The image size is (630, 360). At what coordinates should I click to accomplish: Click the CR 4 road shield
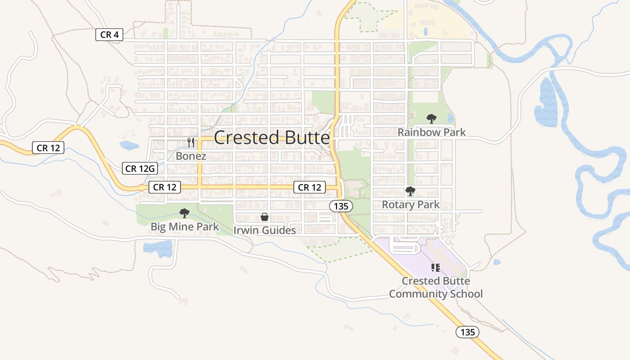pos(109,35)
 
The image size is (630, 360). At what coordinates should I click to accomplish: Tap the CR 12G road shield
pos(140,169)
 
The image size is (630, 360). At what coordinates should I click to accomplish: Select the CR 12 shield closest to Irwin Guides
pos(310,187)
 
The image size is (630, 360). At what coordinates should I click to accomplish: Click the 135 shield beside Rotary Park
pos(341,207)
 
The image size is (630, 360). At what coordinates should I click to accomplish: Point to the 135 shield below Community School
pos(468,332)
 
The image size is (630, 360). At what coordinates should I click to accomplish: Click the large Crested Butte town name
pos(272,138)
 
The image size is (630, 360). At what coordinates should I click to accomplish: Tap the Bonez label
pos(191,156)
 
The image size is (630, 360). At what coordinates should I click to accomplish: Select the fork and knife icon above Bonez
pos(191,143)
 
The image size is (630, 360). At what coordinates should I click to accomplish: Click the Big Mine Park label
pos(184,226)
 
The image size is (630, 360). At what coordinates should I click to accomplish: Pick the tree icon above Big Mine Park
pos(184,213)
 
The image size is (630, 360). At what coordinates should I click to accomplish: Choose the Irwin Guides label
pos(265,230)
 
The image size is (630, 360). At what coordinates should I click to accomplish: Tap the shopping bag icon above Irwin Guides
pos(265,217)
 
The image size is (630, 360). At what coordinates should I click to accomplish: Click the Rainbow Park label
pos(432,132)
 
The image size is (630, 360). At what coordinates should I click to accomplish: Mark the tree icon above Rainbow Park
pos(432,119)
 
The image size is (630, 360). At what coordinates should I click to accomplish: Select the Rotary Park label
pos(410,205)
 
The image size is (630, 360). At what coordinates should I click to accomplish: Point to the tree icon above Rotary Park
pos(410,191)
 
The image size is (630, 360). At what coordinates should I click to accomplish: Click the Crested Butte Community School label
pos(436,288)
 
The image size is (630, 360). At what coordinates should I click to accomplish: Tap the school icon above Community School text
pos(435,268)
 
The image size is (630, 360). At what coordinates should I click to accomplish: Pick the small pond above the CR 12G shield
pos(129,145)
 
